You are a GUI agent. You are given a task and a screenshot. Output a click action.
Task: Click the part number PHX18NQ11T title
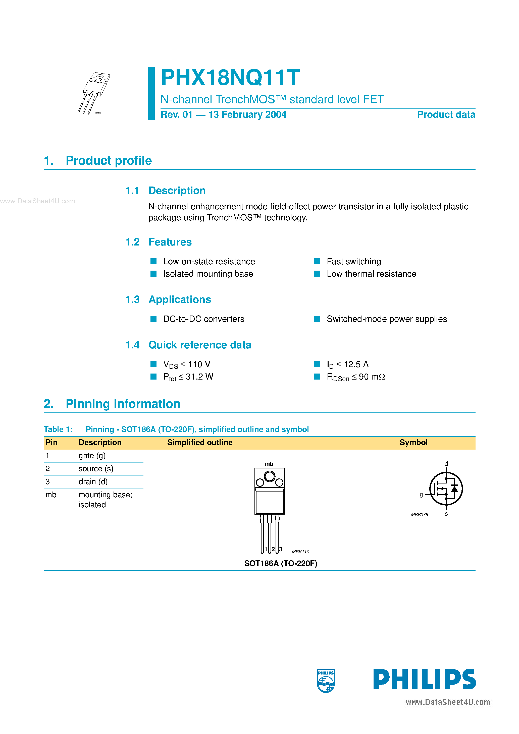pos(230,78)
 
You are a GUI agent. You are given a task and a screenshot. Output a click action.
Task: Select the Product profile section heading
pos(109,160)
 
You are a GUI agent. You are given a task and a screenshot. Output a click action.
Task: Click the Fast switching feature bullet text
pos(353,262)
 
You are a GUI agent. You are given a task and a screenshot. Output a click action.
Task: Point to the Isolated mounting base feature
pos(208,274)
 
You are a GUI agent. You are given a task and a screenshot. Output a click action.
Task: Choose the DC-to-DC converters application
pos(203,319)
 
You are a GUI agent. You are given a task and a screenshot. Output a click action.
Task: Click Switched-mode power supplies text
pos(387,319)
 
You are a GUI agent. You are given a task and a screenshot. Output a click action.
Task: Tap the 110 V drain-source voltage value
pos(199,364)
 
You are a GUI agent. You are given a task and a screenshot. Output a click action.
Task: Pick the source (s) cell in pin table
pos(96,469)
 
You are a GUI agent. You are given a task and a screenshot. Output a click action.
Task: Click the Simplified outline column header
pos(200,443)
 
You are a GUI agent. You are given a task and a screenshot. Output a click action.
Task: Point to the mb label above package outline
pos(269,464)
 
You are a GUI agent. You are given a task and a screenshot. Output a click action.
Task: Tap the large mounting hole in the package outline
pos(269,477)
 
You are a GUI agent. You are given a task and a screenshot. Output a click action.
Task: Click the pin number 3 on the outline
pos(281,549)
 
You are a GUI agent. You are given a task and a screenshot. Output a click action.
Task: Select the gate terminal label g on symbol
pos(421,495)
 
